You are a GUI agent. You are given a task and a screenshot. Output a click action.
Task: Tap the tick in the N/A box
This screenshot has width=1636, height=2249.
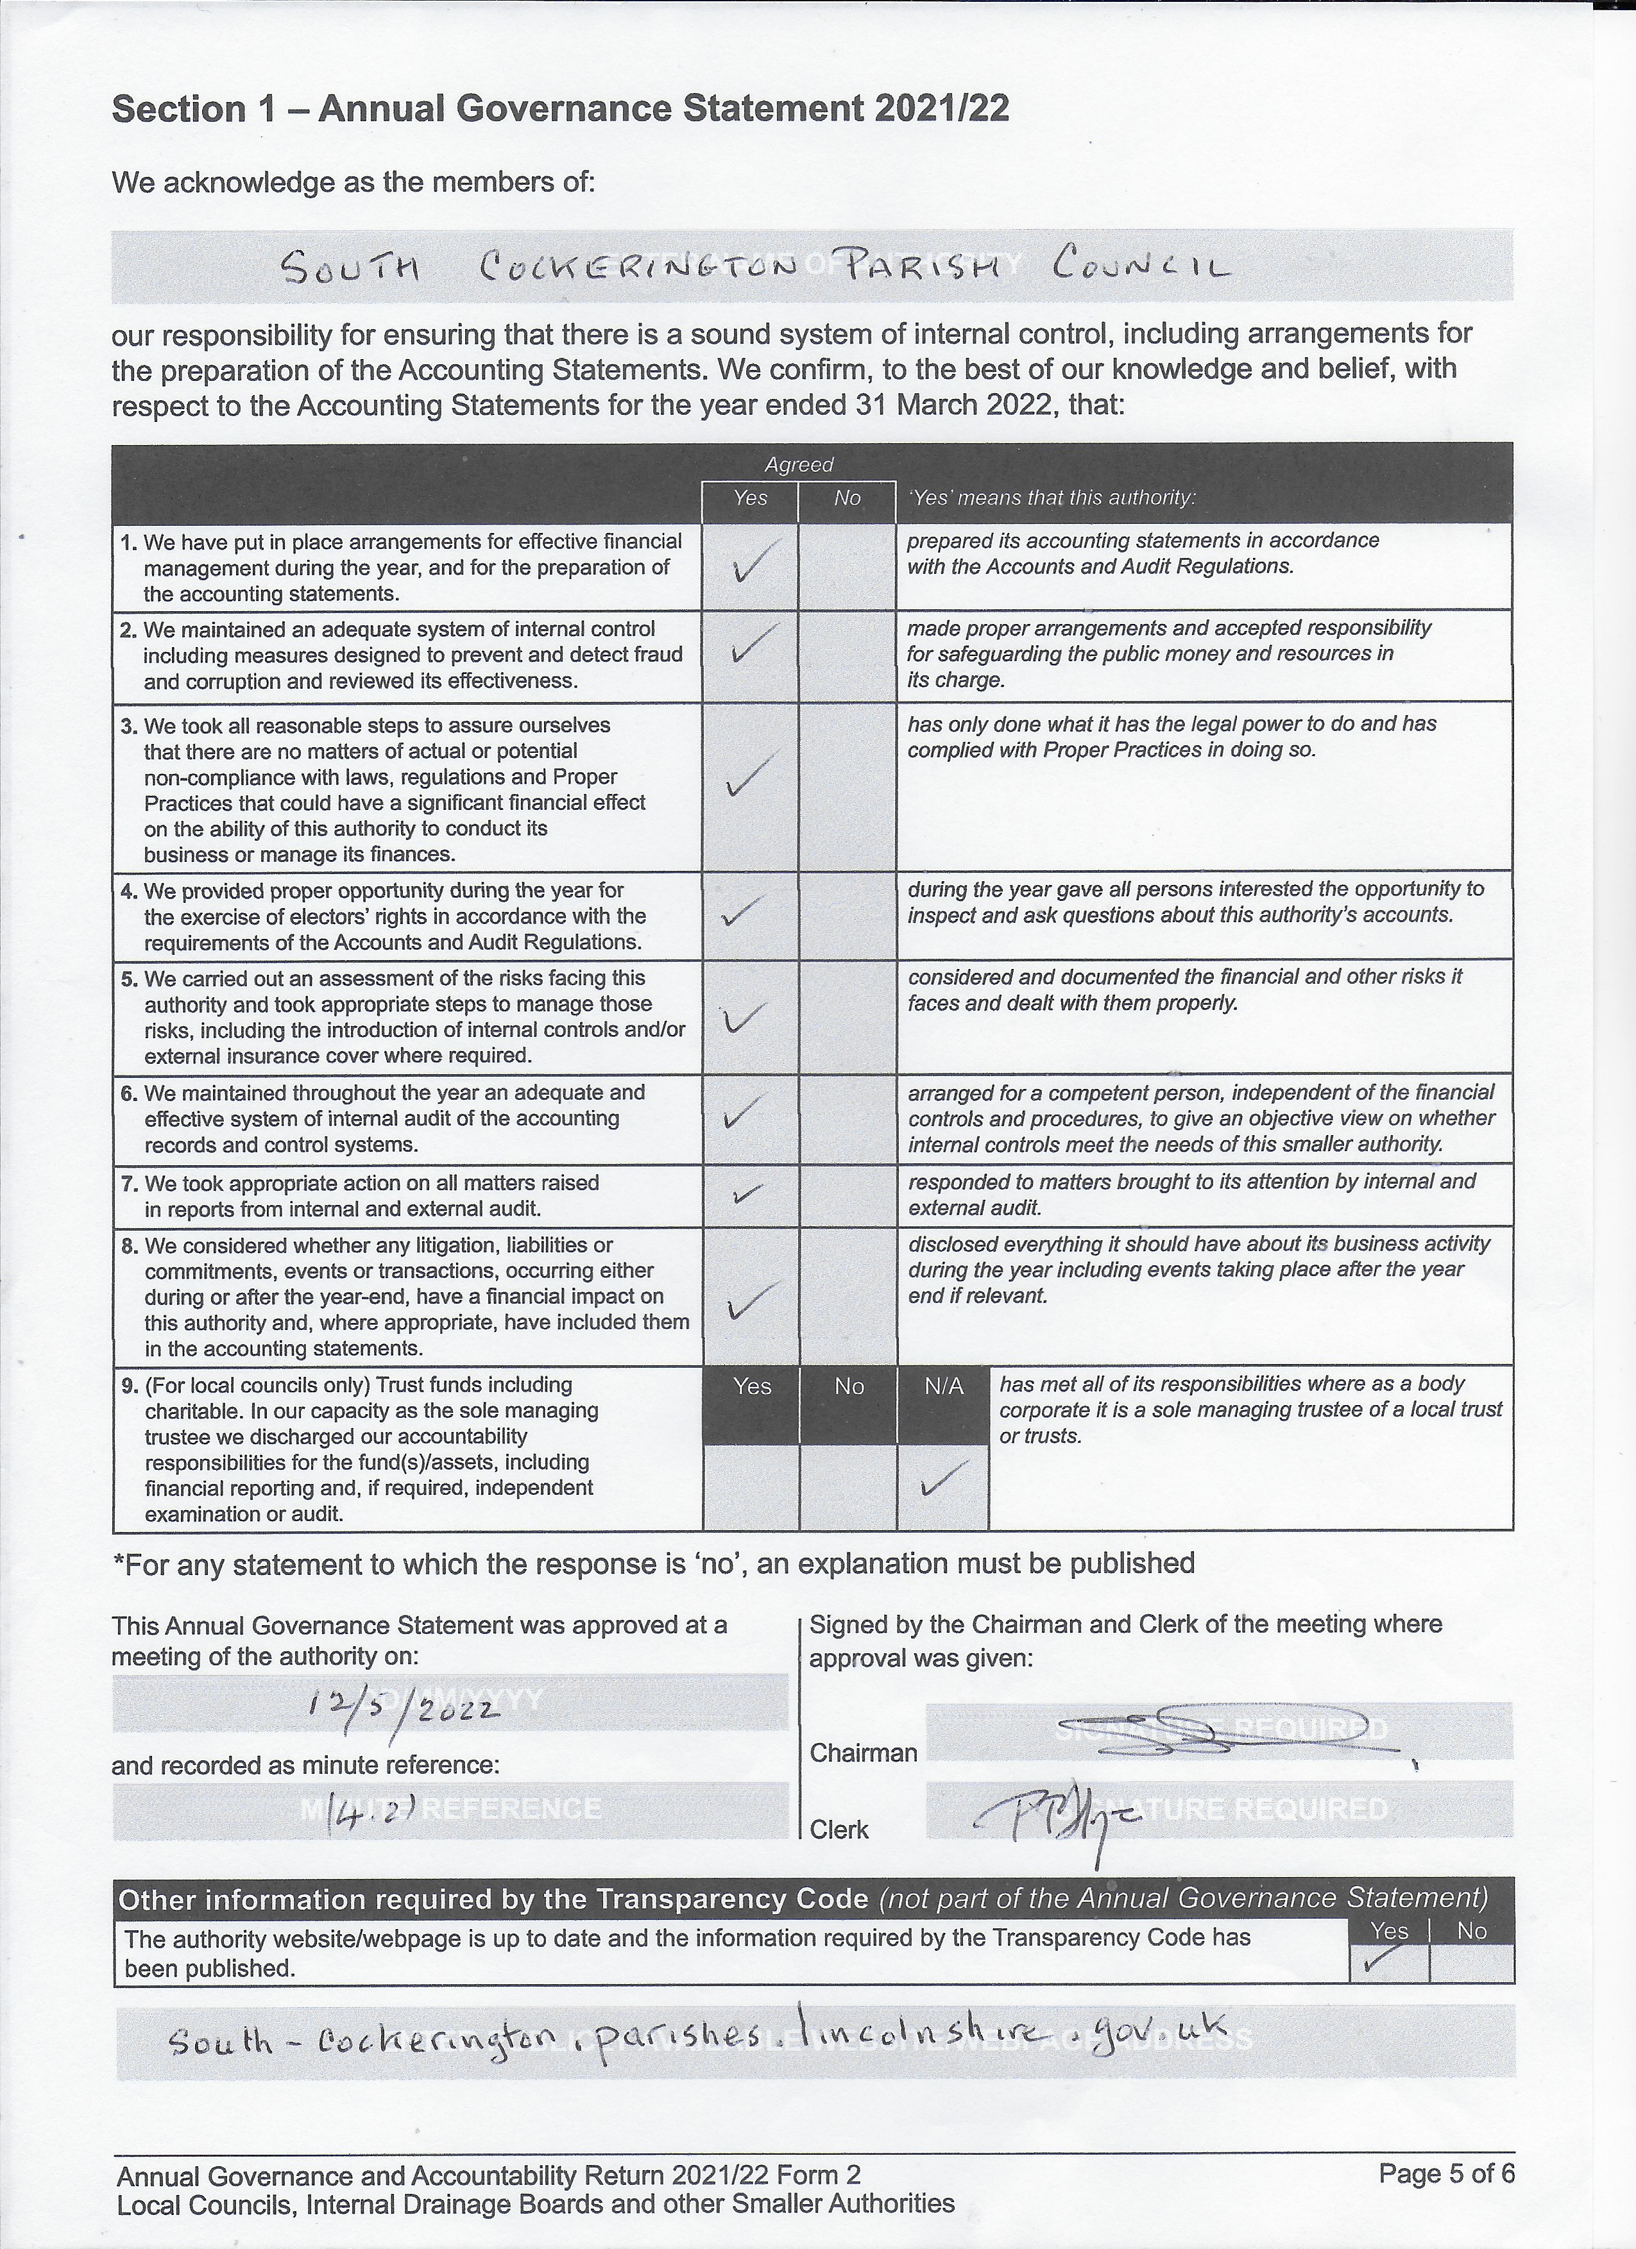tap(942, 1481)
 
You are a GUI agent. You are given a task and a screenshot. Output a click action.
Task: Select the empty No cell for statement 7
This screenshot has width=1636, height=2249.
tap(848, 1196)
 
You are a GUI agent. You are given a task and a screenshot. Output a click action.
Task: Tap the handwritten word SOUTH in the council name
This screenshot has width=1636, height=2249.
tap(352, 268)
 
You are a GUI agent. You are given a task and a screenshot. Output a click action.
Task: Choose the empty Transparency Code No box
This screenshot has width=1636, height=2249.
tap(1471, 1962)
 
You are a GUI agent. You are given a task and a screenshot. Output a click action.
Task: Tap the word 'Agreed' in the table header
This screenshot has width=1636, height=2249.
tap(799, 464)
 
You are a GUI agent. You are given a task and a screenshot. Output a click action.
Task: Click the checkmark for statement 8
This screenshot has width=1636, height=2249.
tap(750, 1300)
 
